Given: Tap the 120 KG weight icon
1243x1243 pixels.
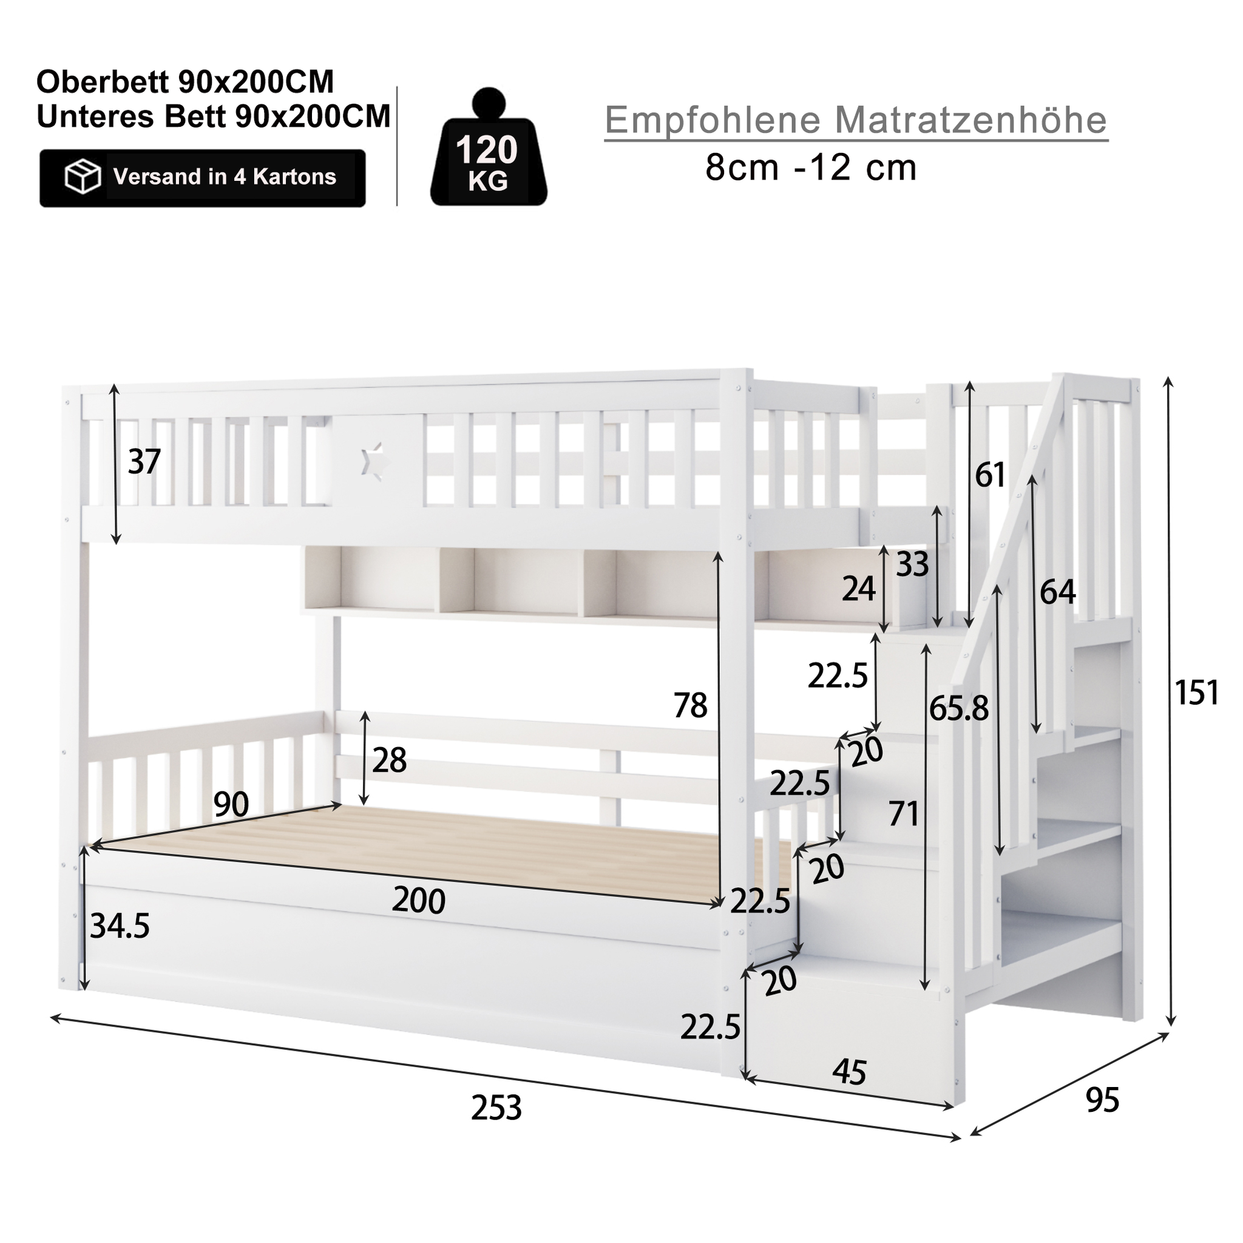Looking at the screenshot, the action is (x=489, y=147).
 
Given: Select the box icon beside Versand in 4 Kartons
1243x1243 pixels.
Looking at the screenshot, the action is (x=83, y=177).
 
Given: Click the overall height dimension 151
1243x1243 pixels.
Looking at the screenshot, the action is (x=1197, y=693).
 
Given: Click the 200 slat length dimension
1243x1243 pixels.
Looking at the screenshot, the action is (x=418, y=900).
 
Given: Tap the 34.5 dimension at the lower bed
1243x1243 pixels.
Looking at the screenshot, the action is (x=120, y=926).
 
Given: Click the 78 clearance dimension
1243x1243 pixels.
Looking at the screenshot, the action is (x=690, y=705).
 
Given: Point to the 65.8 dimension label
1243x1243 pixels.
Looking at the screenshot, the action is (x=958, y=708).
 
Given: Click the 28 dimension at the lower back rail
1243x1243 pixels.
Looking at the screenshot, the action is (x=389, y=760).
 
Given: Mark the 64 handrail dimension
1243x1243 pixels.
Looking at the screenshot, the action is (x=1058, y=591).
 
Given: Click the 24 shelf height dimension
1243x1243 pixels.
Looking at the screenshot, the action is (x=859, y=588).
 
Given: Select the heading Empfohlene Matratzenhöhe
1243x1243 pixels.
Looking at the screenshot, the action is (x=856, y=120).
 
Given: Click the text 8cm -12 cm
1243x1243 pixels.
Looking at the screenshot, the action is (x=811, y=169).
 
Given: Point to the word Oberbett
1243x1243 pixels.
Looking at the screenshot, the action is (x=104, y=83).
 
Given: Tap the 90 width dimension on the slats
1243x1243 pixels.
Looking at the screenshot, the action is (x=231, y=804).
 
